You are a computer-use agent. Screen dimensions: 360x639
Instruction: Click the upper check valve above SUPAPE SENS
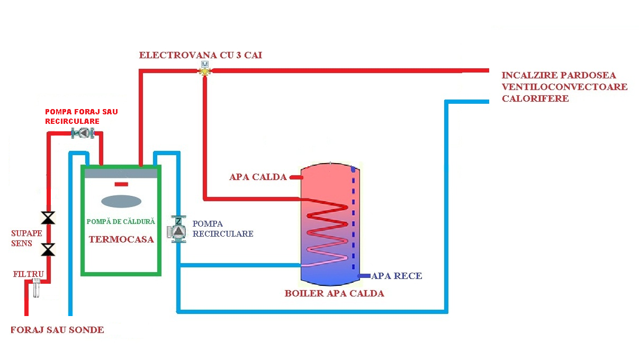(49, 217)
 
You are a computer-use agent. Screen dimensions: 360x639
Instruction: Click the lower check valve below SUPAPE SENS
(49, 249)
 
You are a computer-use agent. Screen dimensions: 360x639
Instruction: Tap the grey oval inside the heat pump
(121, 202)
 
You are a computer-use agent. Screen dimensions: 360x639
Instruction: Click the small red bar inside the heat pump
(121, 184)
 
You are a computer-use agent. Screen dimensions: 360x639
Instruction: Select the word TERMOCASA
(121, 239)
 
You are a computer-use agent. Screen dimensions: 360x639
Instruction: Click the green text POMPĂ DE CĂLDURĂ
(121, 221)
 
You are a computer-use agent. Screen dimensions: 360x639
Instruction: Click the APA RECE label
(397, 276)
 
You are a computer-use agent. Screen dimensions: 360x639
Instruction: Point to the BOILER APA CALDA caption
(334, 293)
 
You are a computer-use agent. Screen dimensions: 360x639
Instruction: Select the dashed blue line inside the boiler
(353, 222)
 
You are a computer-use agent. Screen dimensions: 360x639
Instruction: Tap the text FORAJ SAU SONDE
(57, 330)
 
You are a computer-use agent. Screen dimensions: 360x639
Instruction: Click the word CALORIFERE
(535, 98)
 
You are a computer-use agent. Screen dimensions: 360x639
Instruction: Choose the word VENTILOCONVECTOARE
(564, 87)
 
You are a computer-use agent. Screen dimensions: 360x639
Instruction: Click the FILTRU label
(27, 274)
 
